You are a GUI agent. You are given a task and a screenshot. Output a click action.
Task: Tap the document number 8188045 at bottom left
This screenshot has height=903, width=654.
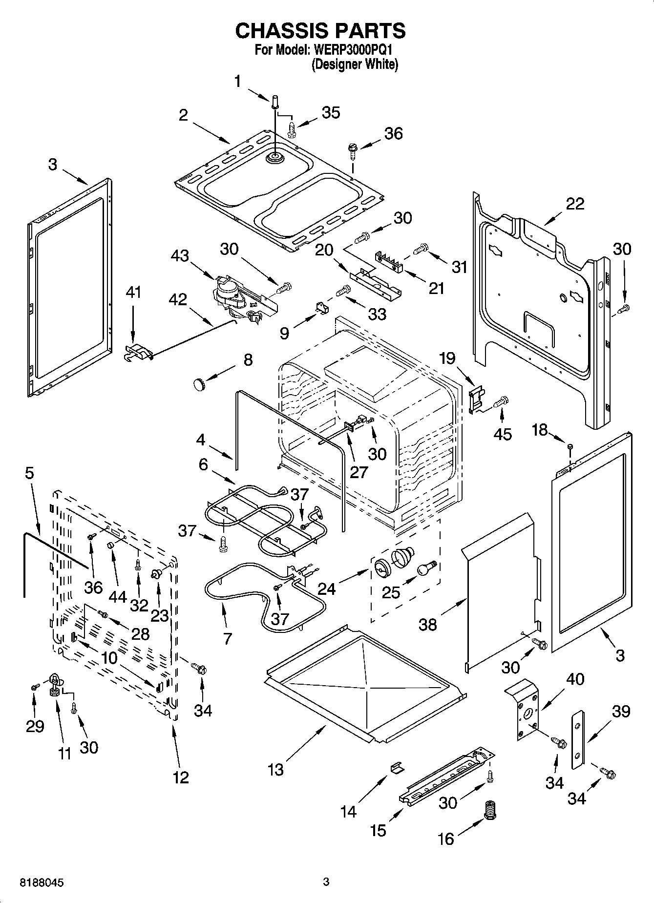pyautogui.click(x=42, y=882)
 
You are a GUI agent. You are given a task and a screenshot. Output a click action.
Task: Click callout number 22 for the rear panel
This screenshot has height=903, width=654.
pyautogui.click(x=574, y=204)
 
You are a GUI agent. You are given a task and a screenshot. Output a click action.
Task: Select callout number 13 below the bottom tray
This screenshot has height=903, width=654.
pyautogui.click(x=275, y=770)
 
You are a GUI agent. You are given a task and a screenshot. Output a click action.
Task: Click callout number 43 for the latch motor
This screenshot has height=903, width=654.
pyautogui.click(x=180, y=255)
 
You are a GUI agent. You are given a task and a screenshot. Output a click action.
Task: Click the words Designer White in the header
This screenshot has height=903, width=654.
pyautogui.click(x=355, y=64)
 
